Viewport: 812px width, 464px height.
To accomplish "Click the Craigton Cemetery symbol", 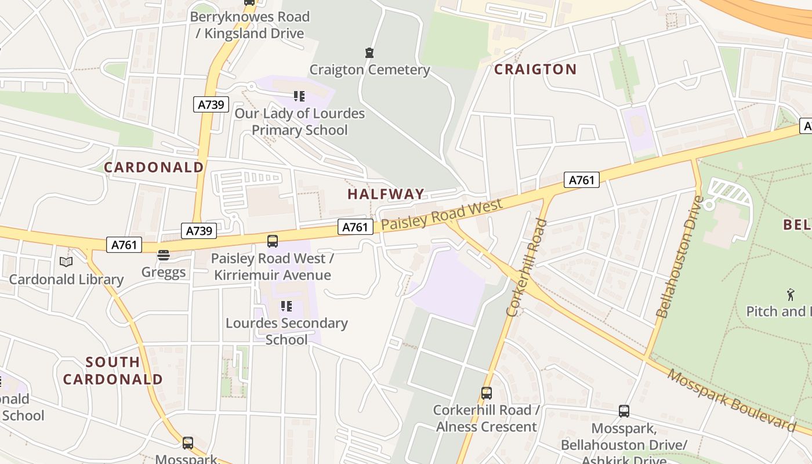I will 369,53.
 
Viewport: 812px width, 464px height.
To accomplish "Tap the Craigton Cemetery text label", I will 369,70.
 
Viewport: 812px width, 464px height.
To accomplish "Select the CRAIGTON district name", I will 535,70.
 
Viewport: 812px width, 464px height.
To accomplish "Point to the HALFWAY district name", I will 386,194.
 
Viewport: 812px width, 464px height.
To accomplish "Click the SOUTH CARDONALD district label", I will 113,371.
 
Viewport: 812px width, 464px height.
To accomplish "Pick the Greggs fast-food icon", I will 164,255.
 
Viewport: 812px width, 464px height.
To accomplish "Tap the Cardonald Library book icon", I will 66,262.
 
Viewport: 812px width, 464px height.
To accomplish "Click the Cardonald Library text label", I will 66,280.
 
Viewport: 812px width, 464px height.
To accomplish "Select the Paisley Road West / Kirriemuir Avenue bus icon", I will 272,241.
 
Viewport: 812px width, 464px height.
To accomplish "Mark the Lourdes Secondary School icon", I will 286,306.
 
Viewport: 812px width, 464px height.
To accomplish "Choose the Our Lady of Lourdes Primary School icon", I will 299,96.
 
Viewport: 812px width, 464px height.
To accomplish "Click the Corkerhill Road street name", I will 527,267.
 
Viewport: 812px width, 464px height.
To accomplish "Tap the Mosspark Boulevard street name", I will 732,400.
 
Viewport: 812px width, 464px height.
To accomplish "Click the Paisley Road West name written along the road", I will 443,215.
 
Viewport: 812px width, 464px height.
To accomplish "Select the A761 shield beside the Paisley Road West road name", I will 355,227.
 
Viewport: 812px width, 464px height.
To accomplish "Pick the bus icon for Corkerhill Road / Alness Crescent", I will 487,393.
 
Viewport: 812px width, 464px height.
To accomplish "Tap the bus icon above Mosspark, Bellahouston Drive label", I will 623,411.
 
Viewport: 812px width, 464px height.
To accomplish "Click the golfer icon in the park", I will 791,295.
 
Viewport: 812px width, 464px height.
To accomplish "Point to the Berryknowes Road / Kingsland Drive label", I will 250,25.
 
